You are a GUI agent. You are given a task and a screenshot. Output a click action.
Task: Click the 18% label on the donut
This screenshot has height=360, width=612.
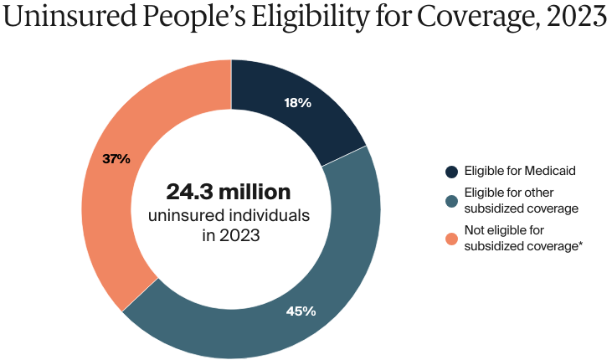click(297, 103)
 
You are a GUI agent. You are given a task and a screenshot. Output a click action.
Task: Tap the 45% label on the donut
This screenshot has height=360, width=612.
click(301, 311)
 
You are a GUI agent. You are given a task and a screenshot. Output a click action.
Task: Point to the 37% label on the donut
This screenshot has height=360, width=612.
click(116, 158)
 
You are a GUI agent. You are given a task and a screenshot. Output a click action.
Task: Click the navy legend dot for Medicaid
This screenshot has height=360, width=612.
click(451, 172)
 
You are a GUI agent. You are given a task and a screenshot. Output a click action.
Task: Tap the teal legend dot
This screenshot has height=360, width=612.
click(451, 200)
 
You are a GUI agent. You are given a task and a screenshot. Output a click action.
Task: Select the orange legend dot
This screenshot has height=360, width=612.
click(451, 239)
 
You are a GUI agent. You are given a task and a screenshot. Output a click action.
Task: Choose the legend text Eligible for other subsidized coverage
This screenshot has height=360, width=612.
click(510, 200)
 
